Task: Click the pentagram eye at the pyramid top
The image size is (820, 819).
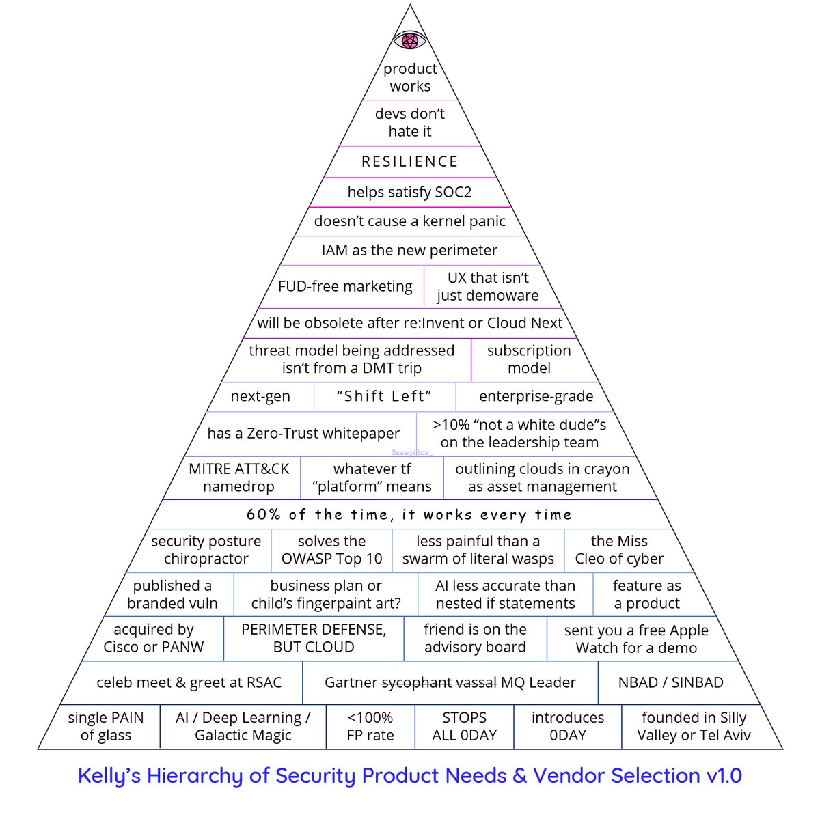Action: [x=410, y=40]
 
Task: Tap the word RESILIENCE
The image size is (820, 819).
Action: [x=410, y=161]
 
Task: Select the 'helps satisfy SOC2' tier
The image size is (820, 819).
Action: [x=410, y=192]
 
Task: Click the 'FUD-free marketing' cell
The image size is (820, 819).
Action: [x=345, y=286]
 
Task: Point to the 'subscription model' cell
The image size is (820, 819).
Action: [x=529, y=359]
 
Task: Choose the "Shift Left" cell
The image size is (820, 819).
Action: [x=385, y=396]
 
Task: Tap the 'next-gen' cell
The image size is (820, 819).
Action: [x=260, y=396]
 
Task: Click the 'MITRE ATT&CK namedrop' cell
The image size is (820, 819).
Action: [x=238, y=477]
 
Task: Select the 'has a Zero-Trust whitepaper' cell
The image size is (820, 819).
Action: [x=303, y=433]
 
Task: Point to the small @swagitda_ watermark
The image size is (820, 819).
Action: [x=411, y=453]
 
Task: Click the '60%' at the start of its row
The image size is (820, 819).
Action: [x=263, y=514]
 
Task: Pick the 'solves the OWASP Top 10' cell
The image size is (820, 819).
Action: [x=331, y=550]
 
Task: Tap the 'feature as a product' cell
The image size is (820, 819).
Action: [x=647, y=594]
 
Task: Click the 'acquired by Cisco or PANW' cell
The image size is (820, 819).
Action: [x=153, y=638]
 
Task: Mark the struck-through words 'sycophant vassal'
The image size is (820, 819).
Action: [x=439, y=682]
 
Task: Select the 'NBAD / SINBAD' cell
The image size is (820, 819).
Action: [x=670, y=682]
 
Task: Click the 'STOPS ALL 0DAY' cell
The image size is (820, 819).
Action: [x=464, y=726]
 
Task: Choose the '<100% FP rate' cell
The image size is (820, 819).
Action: [x=370, y=726]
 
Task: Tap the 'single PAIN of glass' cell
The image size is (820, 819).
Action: [x=105, y=726]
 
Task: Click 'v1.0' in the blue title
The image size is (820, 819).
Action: [x=724, y=775]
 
